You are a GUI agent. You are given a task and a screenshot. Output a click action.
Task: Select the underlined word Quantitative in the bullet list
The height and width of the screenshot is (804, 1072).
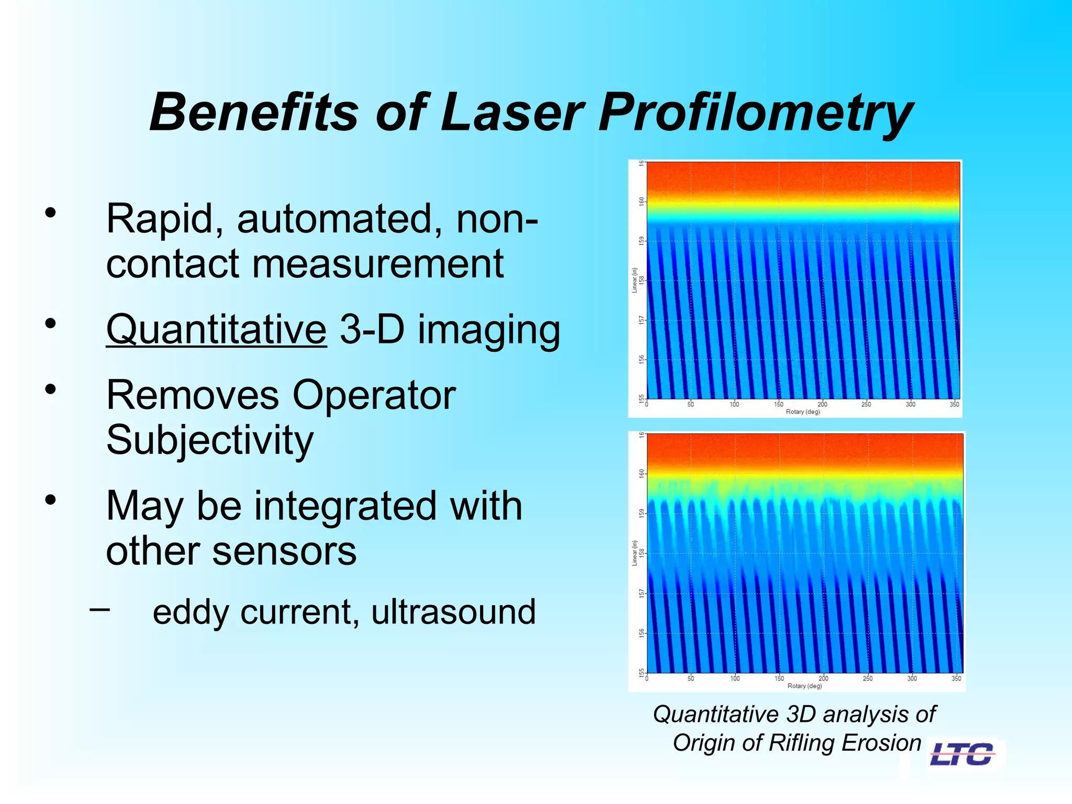pos(216,330)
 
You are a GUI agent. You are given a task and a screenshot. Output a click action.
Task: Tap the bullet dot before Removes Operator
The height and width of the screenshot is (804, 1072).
pos(50,389)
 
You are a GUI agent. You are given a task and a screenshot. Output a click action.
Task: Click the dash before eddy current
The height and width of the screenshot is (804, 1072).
pos(99,609)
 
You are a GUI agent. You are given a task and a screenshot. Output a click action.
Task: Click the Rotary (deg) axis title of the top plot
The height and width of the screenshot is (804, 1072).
pos(802,412)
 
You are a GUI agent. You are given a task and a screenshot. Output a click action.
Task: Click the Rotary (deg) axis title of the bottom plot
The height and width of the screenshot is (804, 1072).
pos(805,686)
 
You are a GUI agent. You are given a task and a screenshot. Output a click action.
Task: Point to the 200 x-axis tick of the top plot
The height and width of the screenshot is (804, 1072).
pos(822,404)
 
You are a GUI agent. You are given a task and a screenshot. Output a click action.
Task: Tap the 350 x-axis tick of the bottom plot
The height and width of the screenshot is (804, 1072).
pos(956,678)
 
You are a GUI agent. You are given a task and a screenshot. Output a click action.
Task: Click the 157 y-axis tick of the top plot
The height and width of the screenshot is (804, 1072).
pos(641,320)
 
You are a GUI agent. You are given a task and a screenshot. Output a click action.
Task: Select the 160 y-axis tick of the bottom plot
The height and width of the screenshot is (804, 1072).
pos(641,473)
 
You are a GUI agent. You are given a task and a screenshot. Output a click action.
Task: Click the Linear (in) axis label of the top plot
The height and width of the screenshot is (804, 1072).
pos(634,280)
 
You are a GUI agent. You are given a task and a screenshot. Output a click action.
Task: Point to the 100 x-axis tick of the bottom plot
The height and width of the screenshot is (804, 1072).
pos(735,678)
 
